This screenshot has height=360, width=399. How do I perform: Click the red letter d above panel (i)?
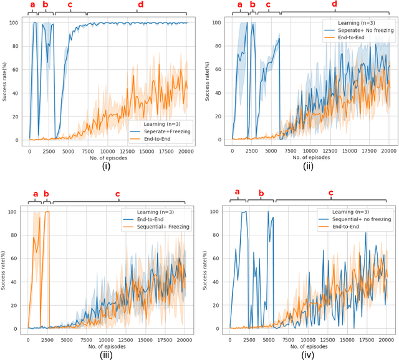140,5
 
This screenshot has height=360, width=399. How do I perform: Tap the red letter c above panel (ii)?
268,5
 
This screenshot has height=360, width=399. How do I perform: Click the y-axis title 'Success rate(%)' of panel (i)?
6,79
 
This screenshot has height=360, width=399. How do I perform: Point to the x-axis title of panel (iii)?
107,343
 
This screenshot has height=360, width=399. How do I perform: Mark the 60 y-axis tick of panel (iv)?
215,258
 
